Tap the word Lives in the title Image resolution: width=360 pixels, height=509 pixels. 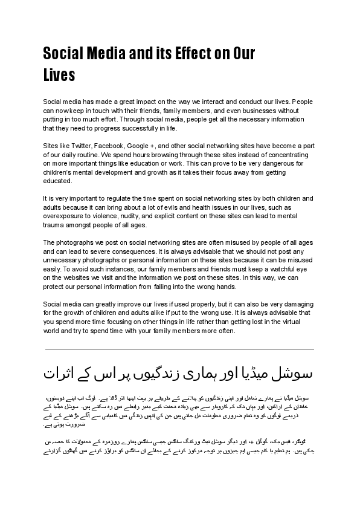coord(59,76)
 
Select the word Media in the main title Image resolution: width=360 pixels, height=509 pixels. coord(102,54)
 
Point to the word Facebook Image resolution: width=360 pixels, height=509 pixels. coord(110,146)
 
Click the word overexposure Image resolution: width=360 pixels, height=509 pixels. coord(66,215)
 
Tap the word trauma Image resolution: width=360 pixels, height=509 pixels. coord(54,225)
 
